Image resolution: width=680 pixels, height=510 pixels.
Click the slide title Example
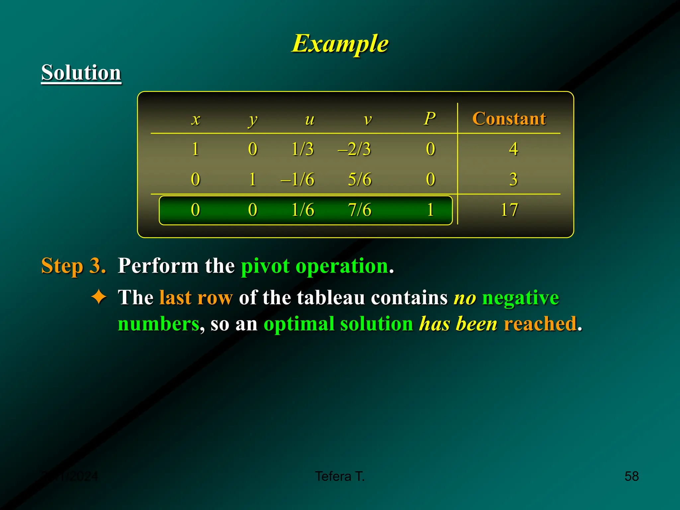click(x=340, y=43)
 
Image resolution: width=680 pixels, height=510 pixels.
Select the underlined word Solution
click(x=81, y=72)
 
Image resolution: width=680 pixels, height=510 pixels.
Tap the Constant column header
click(x=509, y=119)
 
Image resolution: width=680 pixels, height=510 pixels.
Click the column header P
click(x=430, y=119)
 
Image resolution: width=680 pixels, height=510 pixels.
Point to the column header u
click(x=309, y=120)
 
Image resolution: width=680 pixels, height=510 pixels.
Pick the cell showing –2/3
click(x=354, y=149)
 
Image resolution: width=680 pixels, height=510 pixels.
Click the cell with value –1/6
click(x=297, y=179)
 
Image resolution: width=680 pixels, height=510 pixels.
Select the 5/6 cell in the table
click(x=360, y=179)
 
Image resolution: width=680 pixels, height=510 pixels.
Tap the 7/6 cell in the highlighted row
click(x=360, y=210)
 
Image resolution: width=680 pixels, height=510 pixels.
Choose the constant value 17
click(x=509, y=210)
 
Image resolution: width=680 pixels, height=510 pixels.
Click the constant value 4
click(x=513, y=149)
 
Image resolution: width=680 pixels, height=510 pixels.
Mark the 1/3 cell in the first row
click(x=302, y=149)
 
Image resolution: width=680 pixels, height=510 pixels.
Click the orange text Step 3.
click(x=73, y=266)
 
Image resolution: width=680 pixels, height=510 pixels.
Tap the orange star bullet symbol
click(x=99, y=297)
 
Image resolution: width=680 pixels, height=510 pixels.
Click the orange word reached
click(x=540, y=324)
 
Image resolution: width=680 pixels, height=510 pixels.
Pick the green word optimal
click(x=299, y=324)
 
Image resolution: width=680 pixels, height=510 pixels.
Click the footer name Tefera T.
click(x=340, y=476)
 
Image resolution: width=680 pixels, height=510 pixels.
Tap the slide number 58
click(x=632, y=476)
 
